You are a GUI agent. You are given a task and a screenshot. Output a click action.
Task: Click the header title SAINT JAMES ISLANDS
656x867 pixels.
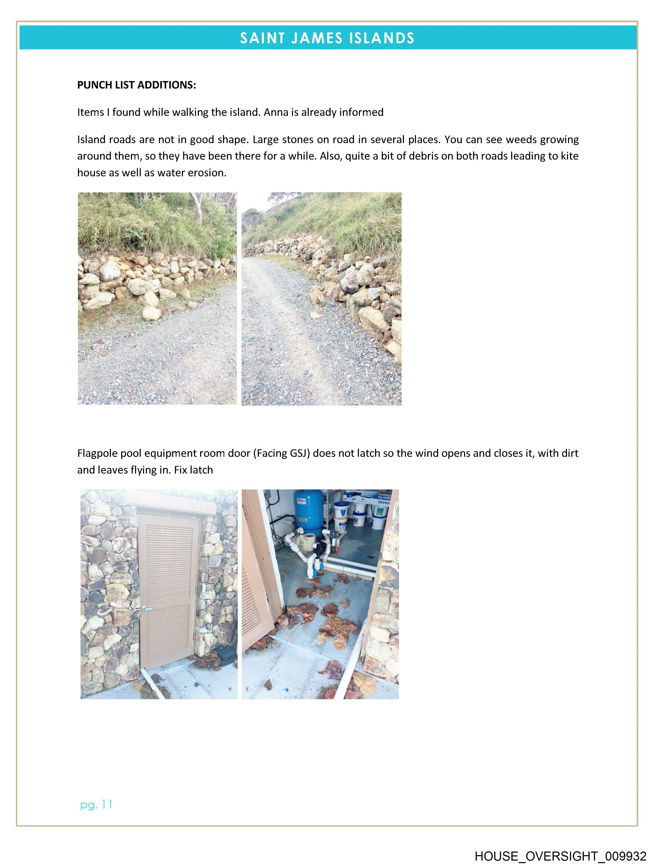pos(327,38)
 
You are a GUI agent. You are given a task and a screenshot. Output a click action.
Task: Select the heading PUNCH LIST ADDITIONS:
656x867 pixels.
pos(136,85)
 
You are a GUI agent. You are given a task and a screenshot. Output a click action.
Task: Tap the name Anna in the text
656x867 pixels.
pos(276,112)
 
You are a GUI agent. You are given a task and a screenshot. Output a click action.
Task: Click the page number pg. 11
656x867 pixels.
pos(96,805)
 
